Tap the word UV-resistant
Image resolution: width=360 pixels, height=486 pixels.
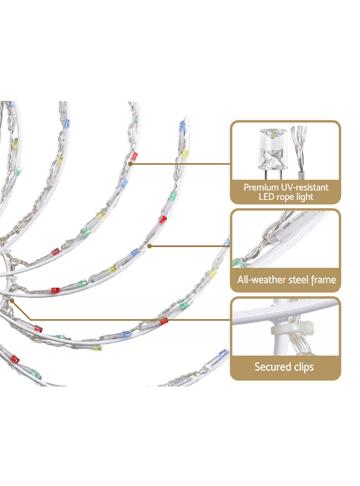coord(305,188)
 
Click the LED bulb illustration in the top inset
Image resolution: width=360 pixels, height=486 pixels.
coord(273,153)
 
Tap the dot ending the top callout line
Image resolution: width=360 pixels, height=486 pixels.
coord(130,164)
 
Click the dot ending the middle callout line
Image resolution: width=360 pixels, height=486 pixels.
coord(149,246)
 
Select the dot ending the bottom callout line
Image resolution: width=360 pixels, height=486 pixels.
coord(12,301)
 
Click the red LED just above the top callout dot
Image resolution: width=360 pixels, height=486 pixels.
coord(134,156)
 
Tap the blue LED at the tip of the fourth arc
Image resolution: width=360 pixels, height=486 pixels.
coord(182,126)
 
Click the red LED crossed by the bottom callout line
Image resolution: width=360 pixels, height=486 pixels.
coord(164,321)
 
